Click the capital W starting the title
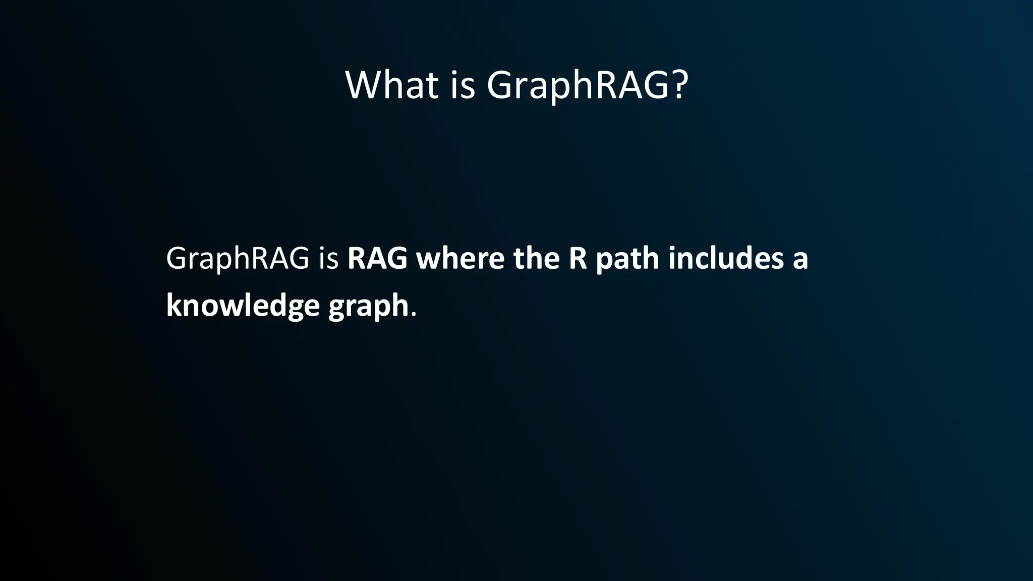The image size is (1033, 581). (x=364, y=85)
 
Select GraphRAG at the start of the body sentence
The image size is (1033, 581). (x=237, y=259)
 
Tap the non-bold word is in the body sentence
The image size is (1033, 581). (x=328, y=258)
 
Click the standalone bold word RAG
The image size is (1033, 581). (x=377, y=258)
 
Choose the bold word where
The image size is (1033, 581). (x=460, y=258)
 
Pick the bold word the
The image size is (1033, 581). (x=536, y=258)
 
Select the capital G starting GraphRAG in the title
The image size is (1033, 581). (x=501, y=85)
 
